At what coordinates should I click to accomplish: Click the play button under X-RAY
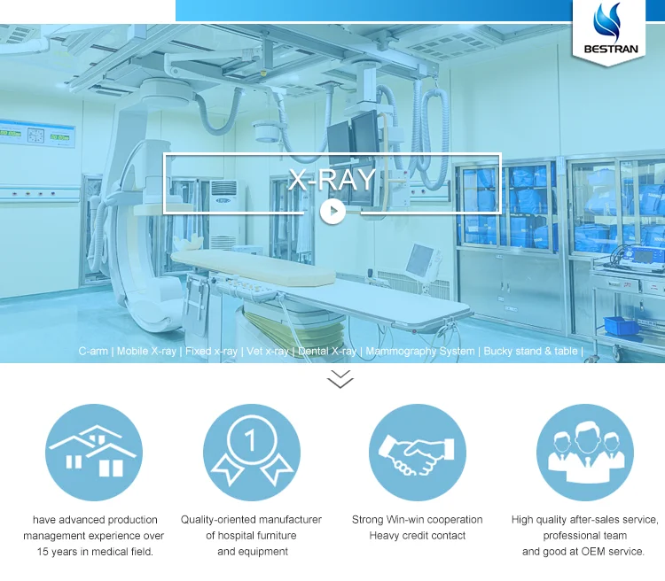[332, 211]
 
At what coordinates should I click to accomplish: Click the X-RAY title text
[332, 180]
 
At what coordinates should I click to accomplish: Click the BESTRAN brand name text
[608, 48]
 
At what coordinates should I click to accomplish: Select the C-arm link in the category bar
[93, 352]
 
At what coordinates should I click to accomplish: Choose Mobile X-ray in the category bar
[146, 352]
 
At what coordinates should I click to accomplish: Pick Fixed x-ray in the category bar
[211, 352]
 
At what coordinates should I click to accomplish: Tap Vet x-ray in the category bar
[267, 352]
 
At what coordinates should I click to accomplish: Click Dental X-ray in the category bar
[327, 352]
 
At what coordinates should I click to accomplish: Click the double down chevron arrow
[340, 380]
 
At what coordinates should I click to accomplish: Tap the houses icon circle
[94, 452]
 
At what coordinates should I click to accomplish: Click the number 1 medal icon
[251, 452]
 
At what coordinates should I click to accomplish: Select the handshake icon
[417, 452]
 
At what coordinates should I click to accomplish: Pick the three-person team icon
[585, 452]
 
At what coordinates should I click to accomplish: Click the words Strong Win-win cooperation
[417, 520]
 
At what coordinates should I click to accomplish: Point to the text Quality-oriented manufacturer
[251, 520]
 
